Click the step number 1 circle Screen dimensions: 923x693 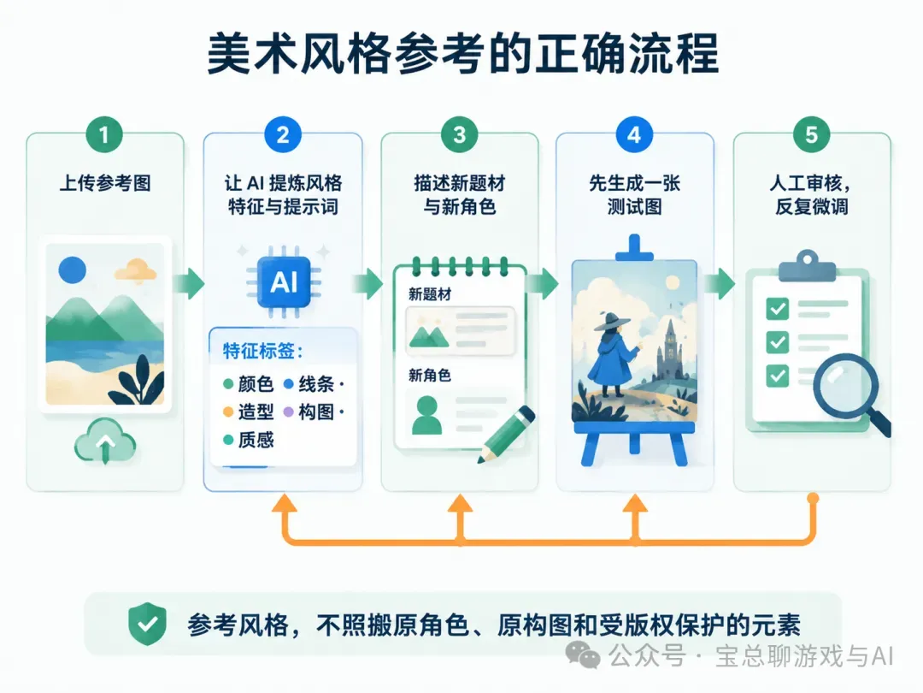(x=104, y=134)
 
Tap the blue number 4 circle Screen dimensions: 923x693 (x=634, y=134)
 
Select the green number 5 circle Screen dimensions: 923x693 (x=811, y=134)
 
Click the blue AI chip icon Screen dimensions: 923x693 (x=284, y=282)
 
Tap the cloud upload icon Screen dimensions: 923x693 (x=105, y=441)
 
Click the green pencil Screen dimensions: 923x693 (x=506, y=435)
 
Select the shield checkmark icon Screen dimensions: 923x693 (x=147, y=624)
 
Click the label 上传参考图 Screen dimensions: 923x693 (x=105, y=183)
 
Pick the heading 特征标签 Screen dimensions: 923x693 (x=262, y=352)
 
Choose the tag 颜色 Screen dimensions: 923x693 (x=256, y=384)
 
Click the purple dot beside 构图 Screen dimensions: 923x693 (x=289, y=412)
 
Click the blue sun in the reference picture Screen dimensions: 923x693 (x=73, y=270)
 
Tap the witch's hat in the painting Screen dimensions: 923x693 (x=612, y=321)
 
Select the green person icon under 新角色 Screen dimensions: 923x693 (x=426, y=415)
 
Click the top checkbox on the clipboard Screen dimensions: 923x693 (x=778, y=308)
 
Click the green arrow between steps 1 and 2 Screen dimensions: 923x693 (x=189, y=283)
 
